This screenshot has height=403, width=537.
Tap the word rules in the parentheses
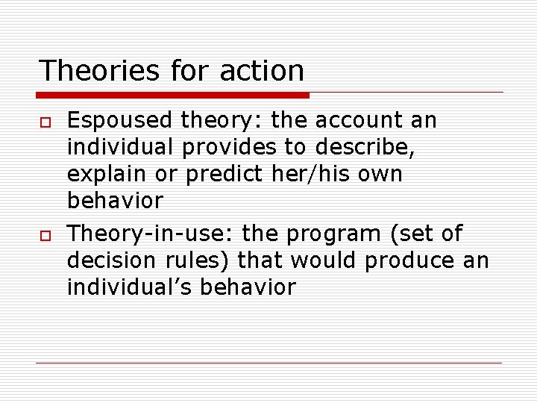click(207, 260)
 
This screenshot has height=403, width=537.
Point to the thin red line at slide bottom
click(268, 363)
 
